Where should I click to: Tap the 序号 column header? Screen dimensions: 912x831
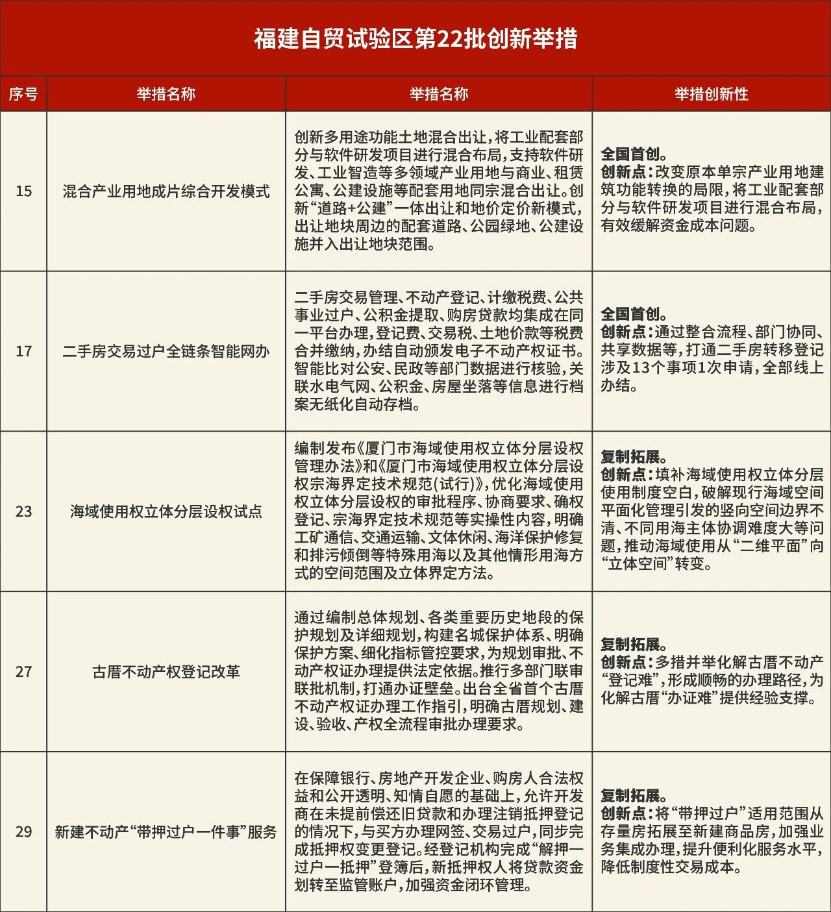pyautogui.click(x=23, y=94)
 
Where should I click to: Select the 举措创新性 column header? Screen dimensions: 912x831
pyautogui.click(x=711, y=94)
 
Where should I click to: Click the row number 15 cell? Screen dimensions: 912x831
pyautogui.click(x=23, y=191)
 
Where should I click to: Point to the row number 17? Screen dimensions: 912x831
pyautogui.click(x=23, y=351)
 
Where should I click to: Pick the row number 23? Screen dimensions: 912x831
pyautogui.click(x=23, y=511)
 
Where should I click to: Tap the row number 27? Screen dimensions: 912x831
pyautogui.click(x=23, y=672)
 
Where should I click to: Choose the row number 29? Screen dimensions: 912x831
pyautogui.click(x=23, y=832)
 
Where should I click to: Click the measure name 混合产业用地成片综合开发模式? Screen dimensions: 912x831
pyautogui.click(x=166, y=191)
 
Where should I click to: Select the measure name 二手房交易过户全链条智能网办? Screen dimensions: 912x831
pyautogui.click(x=166, y=352)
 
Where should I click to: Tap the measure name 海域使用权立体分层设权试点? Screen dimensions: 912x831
pyautogui.click(x=166, y=512)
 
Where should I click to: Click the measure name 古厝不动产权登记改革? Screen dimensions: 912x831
pyautogui.click(x=166, y=672)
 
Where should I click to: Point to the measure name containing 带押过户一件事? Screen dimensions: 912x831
pyautogui.click(x=166, y=832)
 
